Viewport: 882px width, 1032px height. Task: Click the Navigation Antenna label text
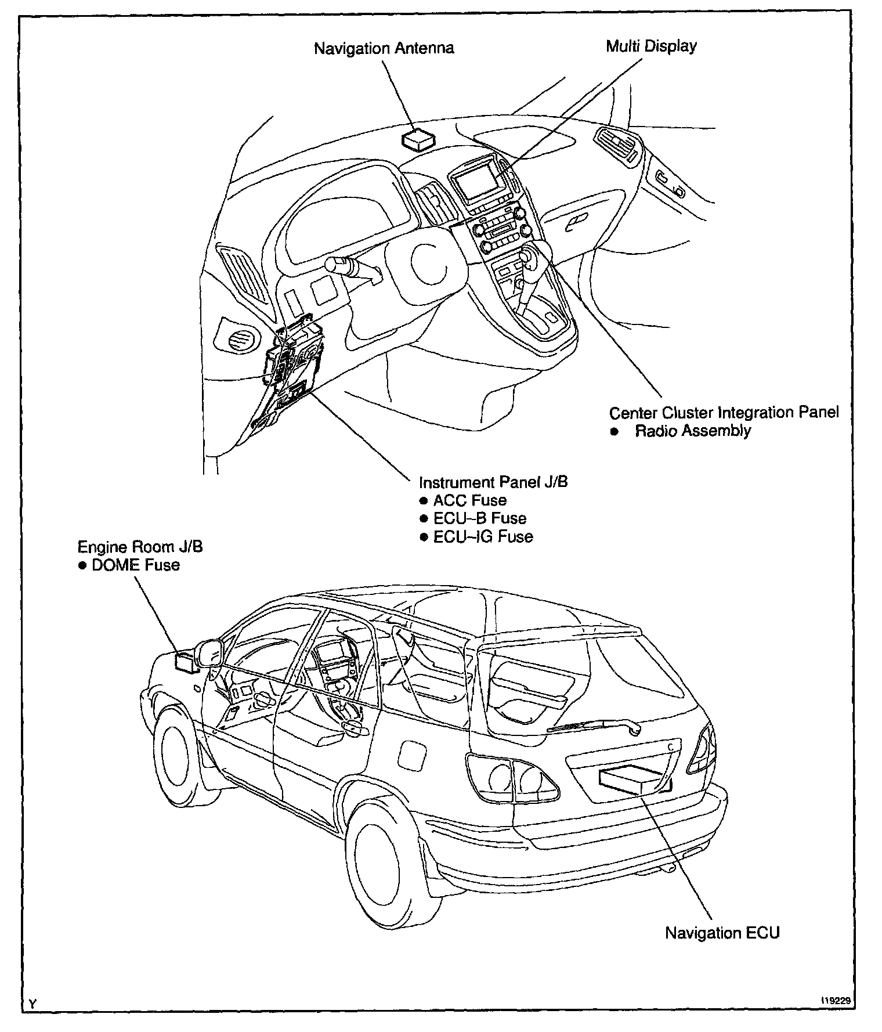point(384,48)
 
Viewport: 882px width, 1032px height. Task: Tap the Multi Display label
point(651,46)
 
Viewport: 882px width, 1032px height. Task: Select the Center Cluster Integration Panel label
point(724,413)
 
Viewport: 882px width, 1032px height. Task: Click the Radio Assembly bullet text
point(693,431)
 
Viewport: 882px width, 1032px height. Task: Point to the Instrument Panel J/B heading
point(493,482)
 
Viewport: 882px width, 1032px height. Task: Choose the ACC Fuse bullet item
point(470,500)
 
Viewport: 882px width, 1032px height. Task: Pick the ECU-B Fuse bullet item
point(479,518)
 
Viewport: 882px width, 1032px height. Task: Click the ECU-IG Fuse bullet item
point(483,536)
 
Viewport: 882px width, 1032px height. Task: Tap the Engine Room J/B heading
point(140,547)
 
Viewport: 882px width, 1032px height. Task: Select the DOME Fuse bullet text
point(136,565)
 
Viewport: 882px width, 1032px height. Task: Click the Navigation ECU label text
point(722,933)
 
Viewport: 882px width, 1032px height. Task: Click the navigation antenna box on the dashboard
point(418,140)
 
